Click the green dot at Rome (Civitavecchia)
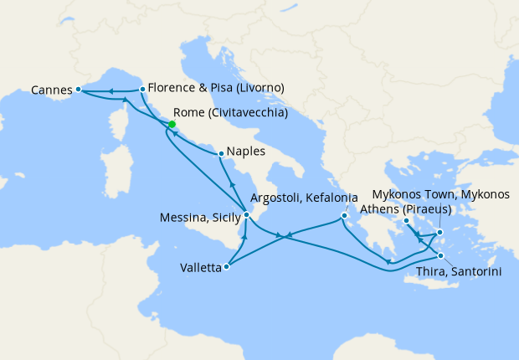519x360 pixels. [x=172, y=125]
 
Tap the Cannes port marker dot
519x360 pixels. [x=78, y=89]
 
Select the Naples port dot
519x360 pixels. [x=220, y=153]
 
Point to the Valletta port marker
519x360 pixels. [x=227, y=268]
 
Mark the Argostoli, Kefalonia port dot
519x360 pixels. [x=343, y=219]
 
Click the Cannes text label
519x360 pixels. [x=51, y=89]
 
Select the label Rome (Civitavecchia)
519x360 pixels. [x=230, y=112]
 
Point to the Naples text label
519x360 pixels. [x=246, y=152]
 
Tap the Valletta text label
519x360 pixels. [x=201, y=269]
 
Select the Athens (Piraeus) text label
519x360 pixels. [x=405, y=208]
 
